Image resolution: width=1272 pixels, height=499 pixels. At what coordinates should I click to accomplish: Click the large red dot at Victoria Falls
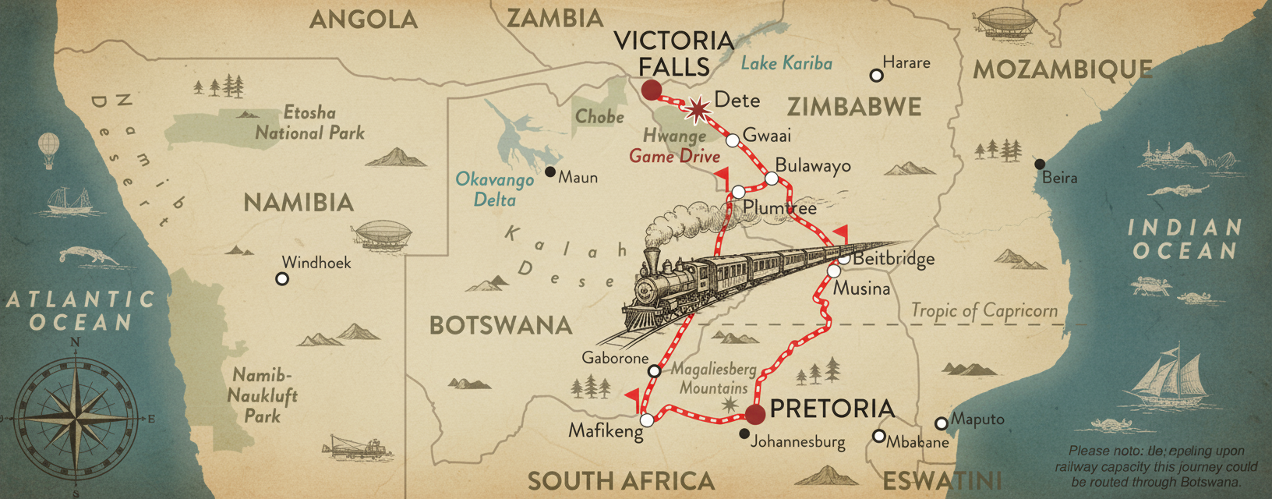651,90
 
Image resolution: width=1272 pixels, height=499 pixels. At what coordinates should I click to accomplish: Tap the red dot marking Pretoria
755,414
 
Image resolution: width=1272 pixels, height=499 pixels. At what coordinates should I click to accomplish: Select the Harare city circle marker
876,76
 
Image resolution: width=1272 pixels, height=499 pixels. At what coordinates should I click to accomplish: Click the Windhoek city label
316,263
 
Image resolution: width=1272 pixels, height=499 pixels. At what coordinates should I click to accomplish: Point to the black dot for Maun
550,172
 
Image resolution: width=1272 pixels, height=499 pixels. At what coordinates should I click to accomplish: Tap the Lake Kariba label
786,64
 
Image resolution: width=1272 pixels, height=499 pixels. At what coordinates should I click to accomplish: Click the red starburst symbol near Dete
698,110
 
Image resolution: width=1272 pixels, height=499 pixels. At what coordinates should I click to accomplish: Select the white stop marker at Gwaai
733,140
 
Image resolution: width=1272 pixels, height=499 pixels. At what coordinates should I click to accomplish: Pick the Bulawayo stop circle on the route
772,179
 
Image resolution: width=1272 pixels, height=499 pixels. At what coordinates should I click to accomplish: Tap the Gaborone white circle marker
654,370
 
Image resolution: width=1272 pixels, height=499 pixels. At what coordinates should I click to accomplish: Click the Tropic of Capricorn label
984,311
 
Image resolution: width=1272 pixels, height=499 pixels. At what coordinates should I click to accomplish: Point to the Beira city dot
1040,164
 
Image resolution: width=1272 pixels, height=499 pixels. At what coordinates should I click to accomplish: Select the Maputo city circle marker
941,423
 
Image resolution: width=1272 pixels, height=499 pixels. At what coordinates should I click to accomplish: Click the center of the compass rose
76,417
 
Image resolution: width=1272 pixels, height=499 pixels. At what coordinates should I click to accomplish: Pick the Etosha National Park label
309,122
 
